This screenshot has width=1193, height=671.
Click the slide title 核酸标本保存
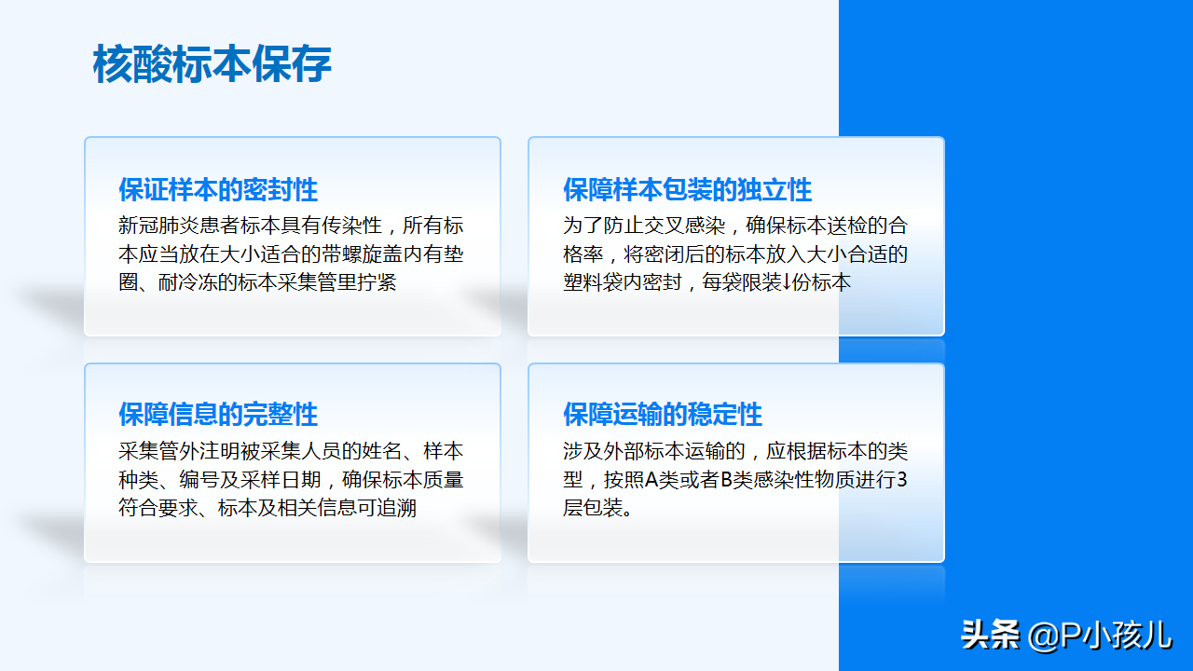212,64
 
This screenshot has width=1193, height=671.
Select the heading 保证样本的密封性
218,189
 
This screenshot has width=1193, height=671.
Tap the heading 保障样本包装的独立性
687,189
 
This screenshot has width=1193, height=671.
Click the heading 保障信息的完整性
218,415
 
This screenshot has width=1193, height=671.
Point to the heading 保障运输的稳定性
663,415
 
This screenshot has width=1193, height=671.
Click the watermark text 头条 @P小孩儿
1066,636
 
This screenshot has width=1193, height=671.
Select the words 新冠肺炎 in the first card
158,226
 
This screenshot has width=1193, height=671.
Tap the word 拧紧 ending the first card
377,282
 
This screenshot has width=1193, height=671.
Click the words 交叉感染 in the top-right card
685,226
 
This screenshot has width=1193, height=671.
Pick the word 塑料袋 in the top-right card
593,282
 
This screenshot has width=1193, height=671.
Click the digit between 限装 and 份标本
787,282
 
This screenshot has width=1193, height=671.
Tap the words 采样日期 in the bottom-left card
281,480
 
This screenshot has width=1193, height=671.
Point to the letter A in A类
651,480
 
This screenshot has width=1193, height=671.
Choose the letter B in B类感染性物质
726,480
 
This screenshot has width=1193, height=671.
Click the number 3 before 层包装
901,480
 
